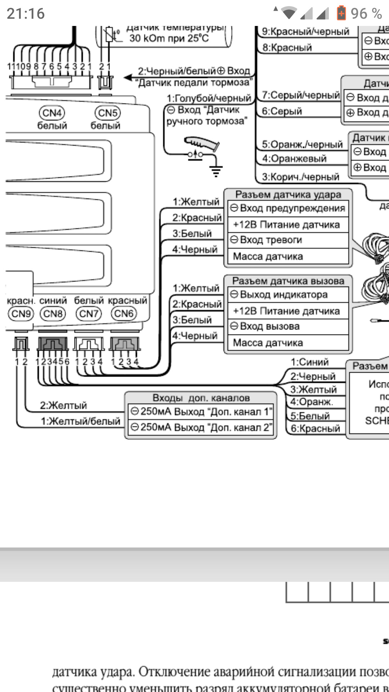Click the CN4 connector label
52,113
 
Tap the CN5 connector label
107,113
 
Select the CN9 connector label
21,314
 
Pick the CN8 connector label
53,314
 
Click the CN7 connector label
89,314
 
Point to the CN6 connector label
124,314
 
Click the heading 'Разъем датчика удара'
288,195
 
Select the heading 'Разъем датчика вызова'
288,281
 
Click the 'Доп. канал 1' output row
201,412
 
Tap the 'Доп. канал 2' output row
201,427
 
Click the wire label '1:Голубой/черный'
209,98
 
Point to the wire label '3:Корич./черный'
301,177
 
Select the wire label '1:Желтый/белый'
80,421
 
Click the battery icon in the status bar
341,13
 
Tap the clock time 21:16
26,14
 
